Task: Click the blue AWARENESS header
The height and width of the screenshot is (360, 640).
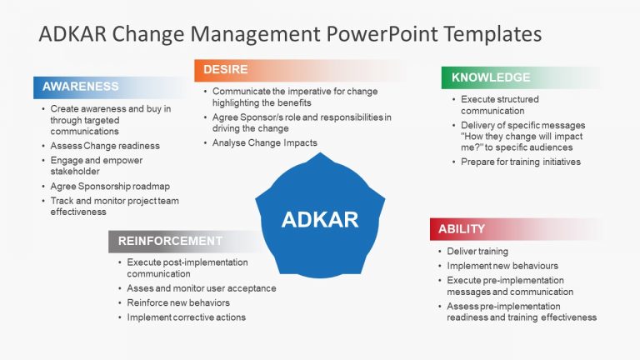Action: [x=81, y=87]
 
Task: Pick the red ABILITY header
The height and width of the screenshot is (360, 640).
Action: [x=462, y=228]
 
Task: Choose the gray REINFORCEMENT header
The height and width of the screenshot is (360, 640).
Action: [x=170, y=241]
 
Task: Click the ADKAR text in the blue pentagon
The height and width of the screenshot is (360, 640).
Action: [x=320, y=220]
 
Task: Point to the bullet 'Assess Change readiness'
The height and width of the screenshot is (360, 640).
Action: [x=104, y=146]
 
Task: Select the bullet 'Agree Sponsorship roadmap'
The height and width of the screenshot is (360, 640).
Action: [x=109, y=186]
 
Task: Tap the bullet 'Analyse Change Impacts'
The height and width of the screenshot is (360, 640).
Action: [x=265, y=143]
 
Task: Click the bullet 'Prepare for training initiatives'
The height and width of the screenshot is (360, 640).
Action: [x=521, y=162]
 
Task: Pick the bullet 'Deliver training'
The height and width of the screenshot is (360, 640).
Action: [x=477, y=251]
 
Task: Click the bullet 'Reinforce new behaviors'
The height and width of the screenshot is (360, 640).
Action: [x=178, y=302]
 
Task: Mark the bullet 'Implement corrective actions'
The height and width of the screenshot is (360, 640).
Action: [x=187, y=317]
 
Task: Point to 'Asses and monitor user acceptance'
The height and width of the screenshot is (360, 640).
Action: [x=202, y=288]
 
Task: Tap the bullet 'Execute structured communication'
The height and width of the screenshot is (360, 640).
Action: [x=500, y=105]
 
